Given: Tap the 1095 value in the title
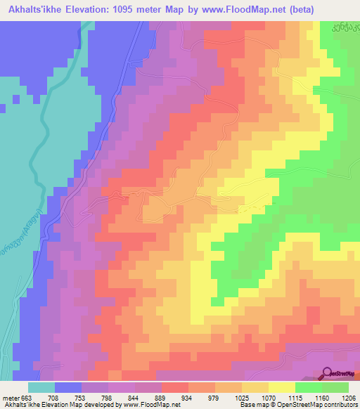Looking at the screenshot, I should (128, 9).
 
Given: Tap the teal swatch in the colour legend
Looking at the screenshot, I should (41, 387).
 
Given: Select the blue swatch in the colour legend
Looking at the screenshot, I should (68, 387).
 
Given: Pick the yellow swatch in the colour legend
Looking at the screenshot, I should (282, 387).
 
